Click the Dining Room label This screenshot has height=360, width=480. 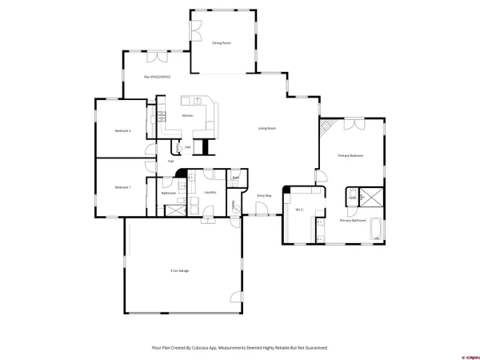[x=221, y=42]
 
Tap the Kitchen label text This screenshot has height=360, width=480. [x=187, y=115]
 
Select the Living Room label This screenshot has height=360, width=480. [x=266, y=128]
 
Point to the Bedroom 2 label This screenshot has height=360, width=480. [x=122, y=130]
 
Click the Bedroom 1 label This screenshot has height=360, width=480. [x=122, y=186]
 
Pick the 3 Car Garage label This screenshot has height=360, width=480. [x=179, y=271]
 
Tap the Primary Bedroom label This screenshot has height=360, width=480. [x=350, y=155]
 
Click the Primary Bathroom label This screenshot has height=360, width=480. [x=353, y=220]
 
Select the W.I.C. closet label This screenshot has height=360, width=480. [x=298, y=210]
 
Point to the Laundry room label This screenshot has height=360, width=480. [x=210, y=192]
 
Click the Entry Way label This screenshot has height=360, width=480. [x=264, y=195]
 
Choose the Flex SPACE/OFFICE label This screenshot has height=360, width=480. [x=157, y=77]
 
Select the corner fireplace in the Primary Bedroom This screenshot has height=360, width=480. [x=325, y=126]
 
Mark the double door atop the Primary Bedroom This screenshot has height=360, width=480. [x=352, y=123]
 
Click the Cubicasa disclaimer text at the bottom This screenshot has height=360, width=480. [x=240, y=348]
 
